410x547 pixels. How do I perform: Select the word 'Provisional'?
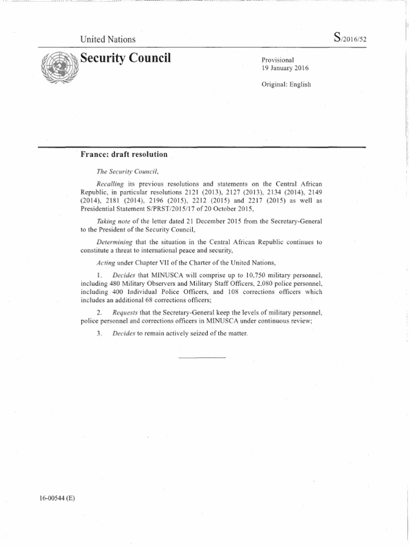pyautogui.click(x=278, y=60)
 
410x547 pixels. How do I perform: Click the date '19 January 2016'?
pyautogui.click(x=285, y=68)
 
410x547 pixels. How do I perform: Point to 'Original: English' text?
pyautogui.click(x=286, y=84)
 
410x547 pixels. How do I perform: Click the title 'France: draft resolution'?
pyautogui.click(x=124, y=154)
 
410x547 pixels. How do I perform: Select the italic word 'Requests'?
pyautogui.click(x=128, y=311)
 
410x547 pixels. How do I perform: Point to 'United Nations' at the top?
pyautogui.click(x=107, y=39)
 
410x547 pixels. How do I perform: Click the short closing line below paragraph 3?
pyautogui.click(x=201, y=357)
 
